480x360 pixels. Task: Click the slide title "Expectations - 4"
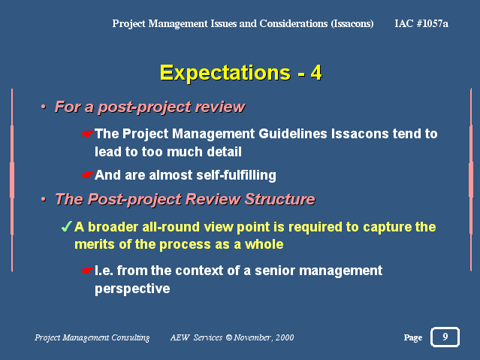[240, 73]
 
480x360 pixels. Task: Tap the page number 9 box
[445, 337]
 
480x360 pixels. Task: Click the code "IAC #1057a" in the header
[421, 23]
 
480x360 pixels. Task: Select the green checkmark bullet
[66, 227]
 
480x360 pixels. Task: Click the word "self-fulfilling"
[236, 175]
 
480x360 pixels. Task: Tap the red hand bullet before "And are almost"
[87, 175]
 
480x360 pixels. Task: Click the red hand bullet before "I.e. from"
[87, 271]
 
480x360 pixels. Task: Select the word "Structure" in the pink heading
[279, 199]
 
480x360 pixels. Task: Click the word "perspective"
[132, 289]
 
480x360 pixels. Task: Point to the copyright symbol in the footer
[229, 337]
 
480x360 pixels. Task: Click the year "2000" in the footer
[285, 337]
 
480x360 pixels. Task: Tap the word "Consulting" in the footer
[131, 337]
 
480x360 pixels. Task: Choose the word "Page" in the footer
[413, 337]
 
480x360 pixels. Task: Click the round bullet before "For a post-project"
[44, 107]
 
